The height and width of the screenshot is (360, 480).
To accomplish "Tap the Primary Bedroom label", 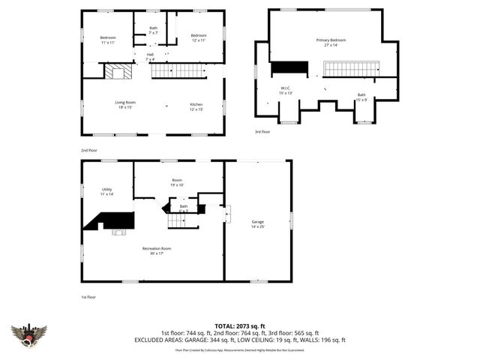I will pyautogui.click(x=326, y=41).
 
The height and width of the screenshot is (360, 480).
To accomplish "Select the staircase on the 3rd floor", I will pyautogui.click(x=352, y=69).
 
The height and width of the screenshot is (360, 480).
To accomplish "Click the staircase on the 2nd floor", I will pyautogui.click(x=178, y=71).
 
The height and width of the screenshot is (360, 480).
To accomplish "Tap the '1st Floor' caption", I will pyautogui.click(x=88, y=297).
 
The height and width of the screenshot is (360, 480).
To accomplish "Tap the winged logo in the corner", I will pyautogui.click(x=28, y=334).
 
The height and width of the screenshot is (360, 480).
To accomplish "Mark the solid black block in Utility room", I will pyautogui.click(x=112, y=220).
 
